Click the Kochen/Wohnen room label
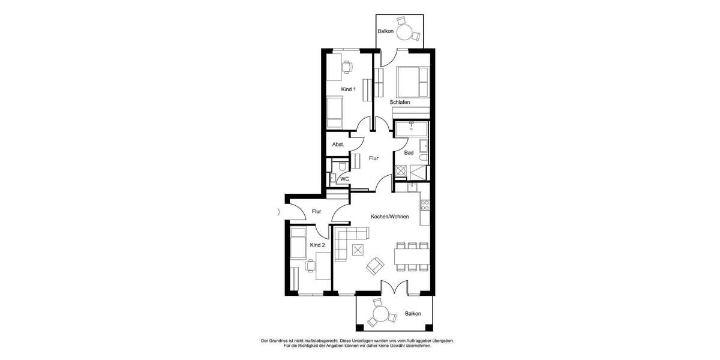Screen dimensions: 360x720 click(x=390, y=217)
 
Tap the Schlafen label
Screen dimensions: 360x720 click(x=400, y=103)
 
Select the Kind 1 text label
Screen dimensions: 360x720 click(x=349, y=89)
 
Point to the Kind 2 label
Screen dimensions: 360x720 click(x=317, y=245)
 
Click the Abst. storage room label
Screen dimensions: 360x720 click(x=338, y=145)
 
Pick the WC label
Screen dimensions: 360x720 click(x=344, y=179)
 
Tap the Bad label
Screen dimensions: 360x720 click(x=409, y=153)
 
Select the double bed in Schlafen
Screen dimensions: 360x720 click(x=411, y=82)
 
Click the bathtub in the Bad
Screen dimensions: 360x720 click(x=411, y=128)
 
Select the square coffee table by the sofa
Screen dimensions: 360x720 click(x=359, y=250)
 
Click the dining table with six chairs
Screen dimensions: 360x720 click(x=412, y=256)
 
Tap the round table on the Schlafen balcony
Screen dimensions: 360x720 click(x=406, y=31)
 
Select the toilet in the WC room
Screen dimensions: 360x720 click(x=340, y=166)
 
